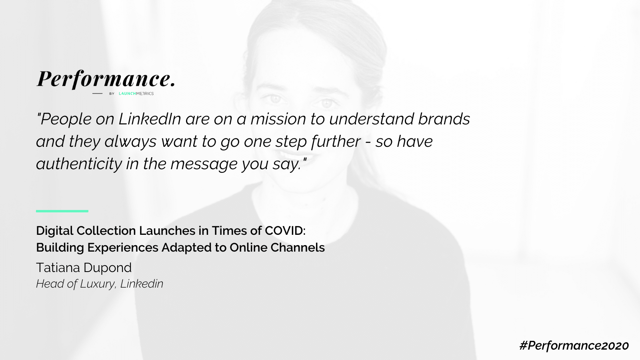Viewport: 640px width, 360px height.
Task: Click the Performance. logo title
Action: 106,79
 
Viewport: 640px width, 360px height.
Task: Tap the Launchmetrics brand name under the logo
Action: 136,94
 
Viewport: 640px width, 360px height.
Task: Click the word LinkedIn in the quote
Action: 150,119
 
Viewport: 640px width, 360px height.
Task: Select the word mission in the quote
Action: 278,119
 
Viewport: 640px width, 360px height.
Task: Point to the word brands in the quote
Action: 444,119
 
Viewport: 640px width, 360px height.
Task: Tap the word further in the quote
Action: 336,142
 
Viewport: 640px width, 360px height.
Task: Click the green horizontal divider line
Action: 62,211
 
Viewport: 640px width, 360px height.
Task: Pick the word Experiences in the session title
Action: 122,248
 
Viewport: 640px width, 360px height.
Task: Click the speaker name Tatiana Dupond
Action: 84,268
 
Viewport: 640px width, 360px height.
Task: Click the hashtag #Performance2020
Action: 574,346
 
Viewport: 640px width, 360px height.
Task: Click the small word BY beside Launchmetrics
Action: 112,94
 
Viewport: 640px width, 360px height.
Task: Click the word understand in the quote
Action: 372,119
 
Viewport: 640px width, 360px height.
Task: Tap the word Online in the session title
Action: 248,248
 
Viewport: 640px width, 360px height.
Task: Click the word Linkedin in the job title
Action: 142,284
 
